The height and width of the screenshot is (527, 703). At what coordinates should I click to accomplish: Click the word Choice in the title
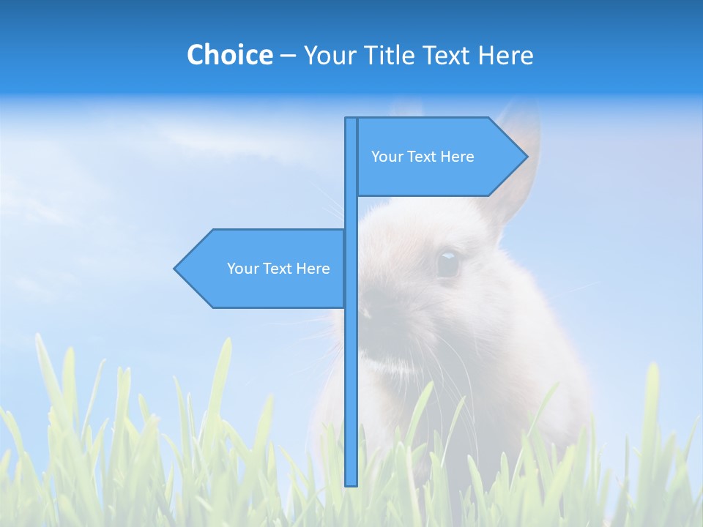(229, 55)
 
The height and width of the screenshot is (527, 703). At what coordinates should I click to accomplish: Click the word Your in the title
(329, 55)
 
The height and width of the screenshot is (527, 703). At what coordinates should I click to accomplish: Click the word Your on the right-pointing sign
(386, 157)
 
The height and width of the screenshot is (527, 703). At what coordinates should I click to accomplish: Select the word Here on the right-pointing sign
(458, 157)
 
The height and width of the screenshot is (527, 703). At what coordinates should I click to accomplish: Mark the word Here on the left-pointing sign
(313, 269)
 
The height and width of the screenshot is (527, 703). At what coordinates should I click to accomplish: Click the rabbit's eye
(447, 263)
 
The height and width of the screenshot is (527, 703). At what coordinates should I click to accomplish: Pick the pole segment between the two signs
(351, 212)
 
